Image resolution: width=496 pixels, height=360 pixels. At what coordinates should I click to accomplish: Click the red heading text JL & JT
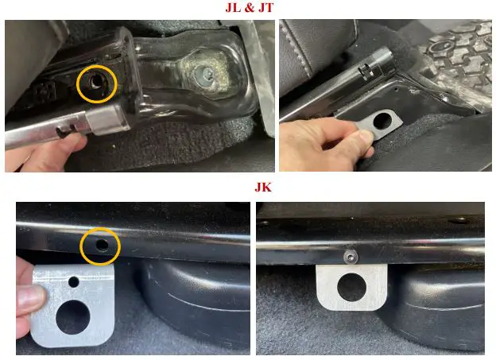[x=250, y=8]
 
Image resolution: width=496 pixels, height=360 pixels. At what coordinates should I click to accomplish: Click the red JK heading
[x=263, y=188]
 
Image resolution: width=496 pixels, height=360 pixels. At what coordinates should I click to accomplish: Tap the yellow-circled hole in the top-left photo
[x=95, y=83]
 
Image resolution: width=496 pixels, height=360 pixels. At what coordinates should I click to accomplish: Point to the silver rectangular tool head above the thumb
[x=107, y=120]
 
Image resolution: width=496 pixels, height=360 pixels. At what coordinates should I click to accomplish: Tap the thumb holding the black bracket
[x=364, y=139]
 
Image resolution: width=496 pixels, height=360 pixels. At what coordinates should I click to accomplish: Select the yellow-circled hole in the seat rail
[x=102, y=244]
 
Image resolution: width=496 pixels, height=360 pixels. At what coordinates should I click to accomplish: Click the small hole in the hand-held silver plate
[x=74, y=281]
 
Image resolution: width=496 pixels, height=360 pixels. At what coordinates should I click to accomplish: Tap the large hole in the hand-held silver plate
[x=73, y=317]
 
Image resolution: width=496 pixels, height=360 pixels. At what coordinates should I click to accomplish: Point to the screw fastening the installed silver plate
[x=351, y=257]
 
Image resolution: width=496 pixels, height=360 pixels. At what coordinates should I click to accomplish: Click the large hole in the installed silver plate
[x=352, y=287]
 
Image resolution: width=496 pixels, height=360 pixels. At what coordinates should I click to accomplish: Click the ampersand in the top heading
[x=250, y=8]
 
